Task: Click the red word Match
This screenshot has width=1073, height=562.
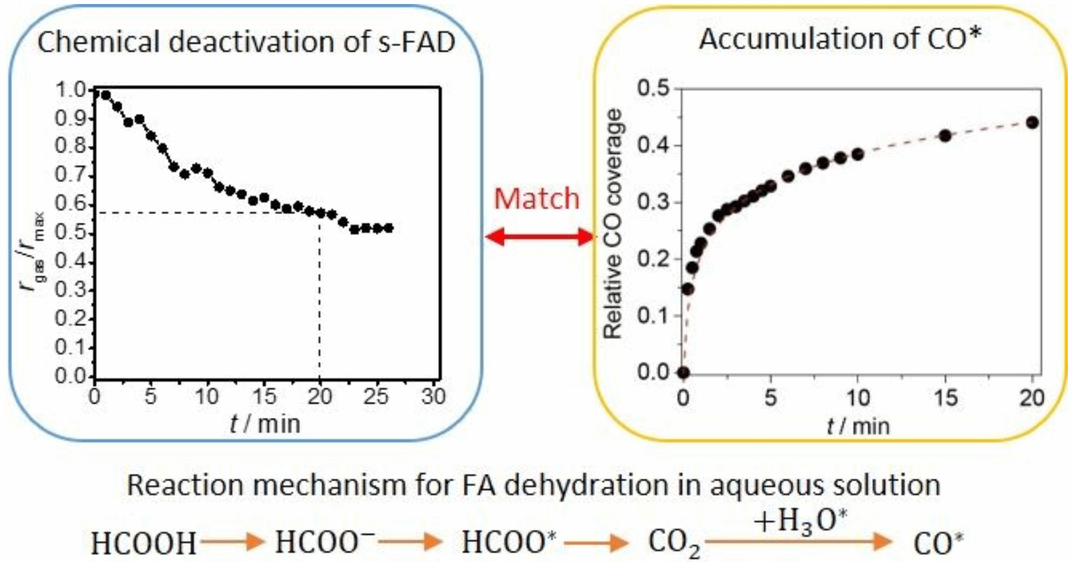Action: (x=536, y=199)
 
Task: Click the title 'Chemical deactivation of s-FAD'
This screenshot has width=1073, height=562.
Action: (x=246, y=42)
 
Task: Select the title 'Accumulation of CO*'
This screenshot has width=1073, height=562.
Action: (x=840, y=39)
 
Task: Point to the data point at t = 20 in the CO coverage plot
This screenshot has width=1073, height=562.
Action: (x=1032, y=122)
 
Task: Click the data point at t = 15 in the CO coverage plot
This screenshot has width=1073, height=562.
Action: (x=945, y=136)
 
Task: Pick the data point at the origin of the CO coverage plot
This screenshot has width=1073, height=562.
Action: (x=683, y=373)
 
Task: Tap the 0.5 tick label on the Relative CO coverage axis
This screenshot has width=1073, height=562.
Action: (x=653, y=89)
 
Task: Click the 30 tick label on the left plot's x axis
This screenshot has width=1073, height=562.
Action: (x=433, y=396)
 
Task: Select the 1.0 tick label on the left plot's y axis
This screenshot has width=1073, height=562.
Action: (x=69, y=90)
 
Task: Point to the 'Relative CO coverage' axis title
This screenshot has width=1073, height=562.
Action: (x=613, y=224)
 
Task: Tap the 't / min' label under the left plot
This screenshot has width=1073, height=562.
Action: (x=265, y=424)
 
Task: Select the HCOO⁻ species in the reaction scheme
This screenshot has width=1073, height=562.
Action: (x=325, y=541)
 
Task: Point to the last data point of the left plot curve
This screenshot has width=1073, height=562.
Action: (x=389, y=228)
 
